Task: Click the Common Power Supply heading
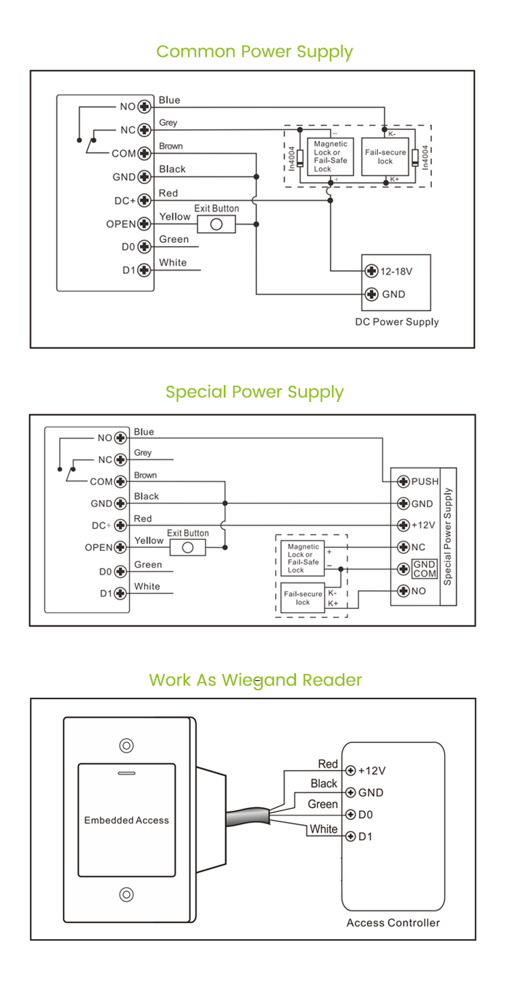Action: click(x=254, y=52)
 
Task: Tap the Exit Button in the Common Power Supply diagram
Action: click(x=216, y=225)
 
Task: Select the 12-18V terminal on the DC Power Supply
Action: click(x=371, y=271)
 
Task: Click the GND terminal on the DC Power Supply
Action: click(x=371, y=294)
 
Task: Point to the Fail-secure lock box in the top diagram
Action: click(x=385, y=157)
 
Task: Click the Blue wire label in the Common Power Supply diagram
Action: click(x=170, y=100)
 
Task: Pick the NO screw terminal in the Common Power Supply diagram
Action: click(x=144, y=107)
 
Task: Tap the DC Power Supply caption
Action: click(x=397, y=322)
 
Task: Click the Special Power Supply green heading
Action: click(x=254, y=392)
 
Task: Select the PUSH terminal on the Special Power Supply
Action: click(x=402, y=482)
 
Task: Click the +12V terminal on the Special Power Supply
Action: click(x=402, y=525)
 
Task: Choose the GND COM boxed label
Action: click(x=425, y=569)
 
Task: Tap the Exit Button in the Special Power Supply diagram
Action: click(x=188, y=547)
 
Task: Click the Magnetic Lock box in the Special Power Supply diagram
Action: click(x=302, y=558)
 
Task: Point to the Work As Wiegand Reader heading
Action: click(x=255, y=680)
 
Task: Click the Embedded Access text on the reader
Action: click(x=126, y=820)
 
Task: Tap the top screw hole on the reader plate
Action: click(x=126, y=746)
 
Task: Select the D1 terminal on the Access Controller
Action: click(x=350, y=836)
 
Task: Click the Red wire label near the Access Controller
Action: click(x=328, y=764)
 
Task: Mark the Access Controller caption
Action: click(x=393, y=923)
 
